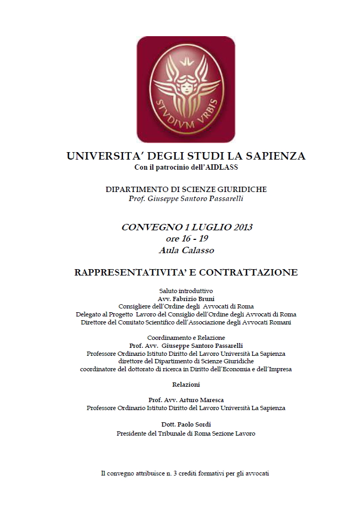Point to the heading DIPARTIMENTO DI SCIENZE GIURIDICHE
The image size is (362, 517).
186,189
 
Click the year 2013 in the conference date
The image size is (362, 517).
241,227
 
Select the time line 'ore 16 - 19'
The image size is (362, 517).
186,238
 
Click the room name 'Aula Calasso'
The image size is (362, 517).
186,249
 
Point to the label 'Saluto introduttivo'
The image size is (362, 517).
186,291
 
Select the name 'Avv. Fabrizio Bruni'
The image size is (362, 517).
186,299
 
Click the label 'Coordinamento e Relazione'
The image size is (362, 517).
186,338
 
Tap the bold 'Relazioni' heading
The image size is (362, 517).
186,384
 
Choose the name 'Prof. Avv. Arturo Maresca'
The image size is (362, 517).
186,400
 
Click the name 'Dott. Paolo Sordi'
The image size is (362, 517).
186,424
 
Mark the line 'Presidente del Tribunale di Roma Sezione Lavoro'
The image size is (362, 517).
186,433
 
